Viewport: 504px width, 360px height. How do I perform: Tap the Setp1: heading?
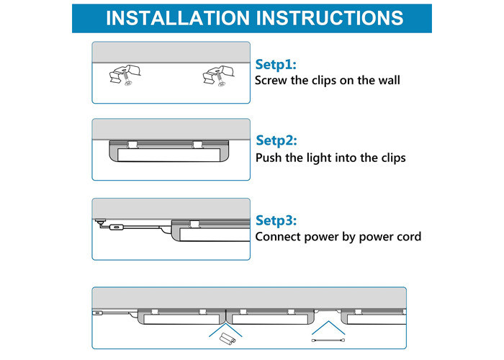276,64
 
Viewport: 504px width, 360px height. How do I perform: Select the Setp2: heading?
276,140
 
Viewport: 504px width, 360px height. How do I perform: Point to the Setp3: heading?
276,220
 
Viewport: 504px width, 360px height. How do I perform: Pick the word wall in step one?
387,80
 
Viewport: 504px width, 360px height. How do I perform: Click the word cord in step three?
408,236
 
